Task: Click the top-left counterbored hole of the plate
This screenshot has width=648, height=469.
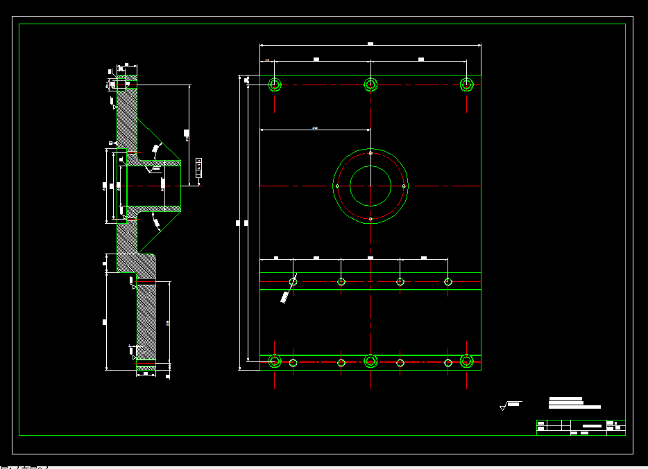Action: click(x=275, y=85)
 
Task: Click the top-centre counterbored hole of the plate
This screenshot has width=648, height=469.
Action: click(x=370, y=85)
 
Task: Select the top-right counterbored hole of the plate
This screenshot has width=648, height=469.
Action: click(x=467, y=85)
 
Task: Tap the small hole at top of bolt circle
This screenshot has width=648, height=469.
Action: click(x=370, y=152)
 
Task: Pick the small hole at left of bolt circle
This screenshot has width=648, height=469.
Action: click(x=336, y=186)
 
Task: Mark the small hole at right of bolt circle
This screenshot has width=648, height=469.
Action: click(x=404, y=186)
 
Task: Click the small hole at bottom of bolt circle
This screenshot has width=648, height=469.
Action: click(x=370, y=219)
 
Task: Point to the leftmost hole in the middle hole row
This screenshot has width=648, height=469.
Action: click(x=293, y=281)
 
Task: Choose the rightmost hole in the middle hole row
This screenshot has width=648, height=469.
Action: click(x=448, y=281)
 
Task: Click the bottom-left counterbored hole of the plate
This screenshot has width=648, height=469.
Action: click(x=275, y=361)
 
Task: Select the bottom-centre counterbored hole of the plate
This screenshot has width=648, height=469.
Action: click(x=370, y=361)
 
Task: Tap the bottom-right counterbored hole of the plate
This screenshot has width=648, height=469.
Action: click(x=467, y=361)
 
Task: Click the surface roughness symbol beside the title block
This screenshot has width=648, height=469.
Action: click(x=504, y=407)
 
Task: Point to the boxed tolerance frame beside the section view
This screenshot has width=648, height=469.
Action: click(x=199, y=168)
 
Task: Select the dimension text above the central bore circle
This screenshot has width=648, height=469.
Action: click(x=315, y=128)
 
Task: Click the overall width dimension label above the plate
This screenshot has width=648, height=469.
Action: click(x=370, y=44)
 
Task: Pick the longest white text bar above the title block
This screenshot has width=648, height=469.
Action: click(x=574, y=407)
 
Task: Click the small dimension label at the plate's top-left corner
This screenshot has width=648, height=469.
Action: click(x=266, y=60)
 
